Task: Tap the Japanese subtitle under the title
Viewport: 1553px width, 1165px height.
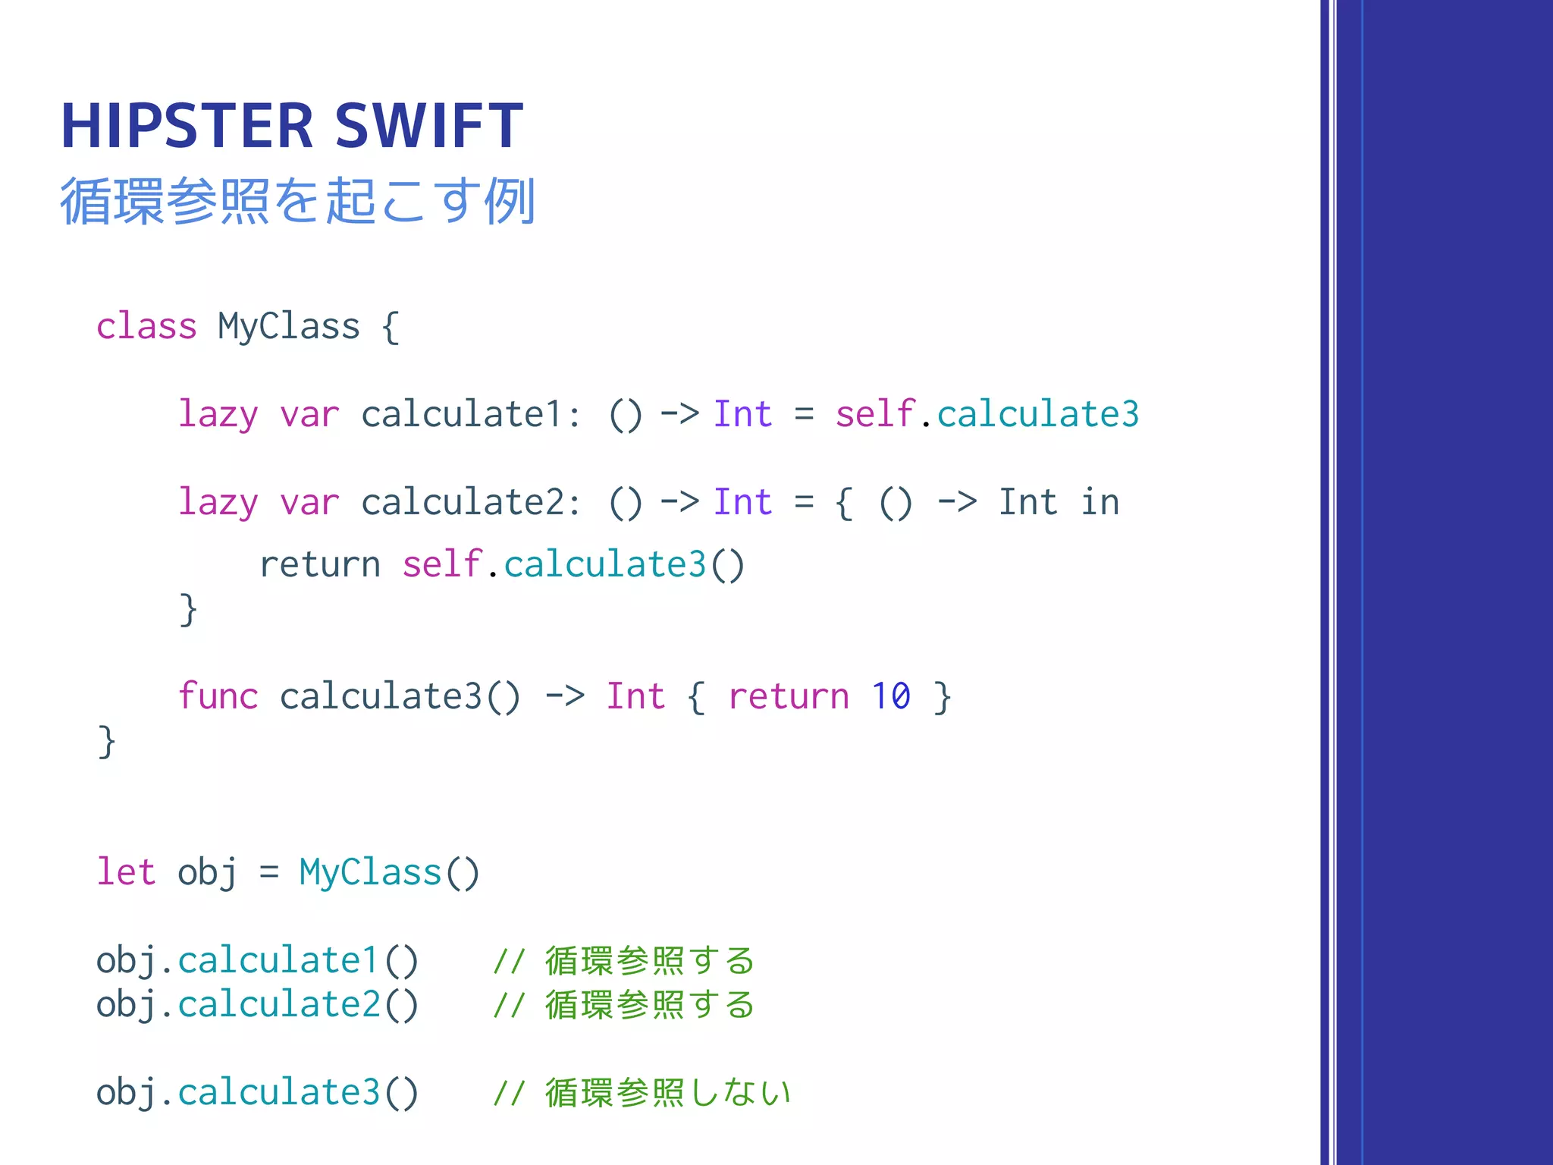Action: (x=297, y=201)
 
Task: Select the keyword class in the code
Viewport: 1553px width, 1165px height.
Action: (x=146, y=327)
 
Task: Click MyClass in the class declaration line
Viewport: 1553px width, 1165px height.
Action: (x=289, y=327)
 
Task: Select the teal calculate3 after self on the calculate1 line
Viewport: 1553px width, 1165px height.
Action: (x=1038, y=415)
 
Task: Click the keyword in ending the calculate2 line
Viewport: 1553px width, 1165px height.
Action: (x=1100, y=503)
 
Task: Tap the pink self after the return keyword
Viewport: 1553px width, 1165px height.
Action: (x=442, y=565)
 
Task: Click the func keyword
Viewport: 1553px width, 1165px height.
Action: (x=218, y=696)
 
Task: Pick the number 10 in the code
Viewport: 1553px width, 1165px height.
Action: (x=890, y=696)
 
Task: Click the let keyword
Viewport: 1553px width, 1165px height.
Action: (x=126, y=872)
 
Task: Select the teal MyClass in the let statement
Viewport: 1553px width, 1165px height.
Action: (x=370, y=872)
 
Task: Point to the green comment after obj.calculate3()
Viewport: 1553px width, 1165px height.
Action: (x=642, y=1093)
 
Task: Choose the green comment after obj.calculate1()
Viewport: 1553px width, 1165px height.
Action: (x=623, y=961)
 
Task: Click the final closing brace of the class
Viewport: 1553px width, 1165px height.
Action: (x=106, y=741)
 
